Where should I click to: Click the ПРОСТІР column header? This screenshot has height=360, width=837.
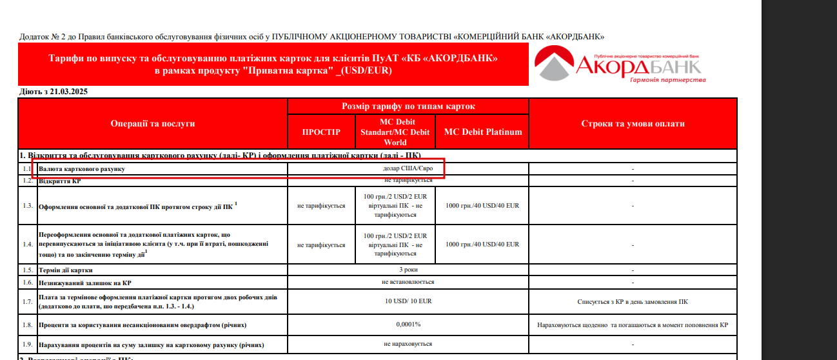point(321,132)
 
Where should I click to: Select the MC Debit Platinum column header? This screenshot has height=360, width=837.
point(482,132)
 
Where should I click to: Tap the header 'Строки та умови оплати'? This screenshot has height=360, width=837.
point(633,123)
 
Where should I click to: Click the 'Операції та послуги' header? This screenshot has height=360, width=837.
point(153,123)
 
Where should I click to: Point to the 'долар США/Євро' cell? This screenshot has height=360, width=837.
point(408,168)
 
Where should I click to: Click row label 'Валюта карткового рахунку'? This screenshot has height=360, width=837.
point(82,169)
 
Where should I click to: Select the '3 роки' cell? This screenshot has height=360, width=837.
point(408,270)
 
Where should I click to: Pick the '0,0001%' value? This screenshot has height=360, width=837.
point(408,325)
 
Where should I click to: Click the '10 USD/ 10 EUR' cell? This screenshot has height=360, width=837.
point(408,301)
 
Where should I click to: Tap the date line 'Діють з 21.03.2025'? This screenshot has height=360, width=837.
point(54,92)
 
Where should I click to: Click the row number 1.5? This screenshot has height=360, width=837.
point(27,270)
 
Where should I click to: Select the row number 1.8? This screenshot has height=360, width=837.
point(27,325)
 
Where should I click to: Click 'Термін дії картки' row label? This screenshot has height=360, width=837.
point(66,270)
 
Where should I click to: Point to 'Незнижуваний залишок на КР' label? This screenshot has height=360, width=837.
point(85,283)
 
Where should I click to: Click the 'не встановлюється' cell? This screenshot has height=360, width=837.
point(408,282)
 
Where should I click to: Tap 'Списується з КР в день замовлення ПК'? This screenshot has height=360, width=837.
point(633,301)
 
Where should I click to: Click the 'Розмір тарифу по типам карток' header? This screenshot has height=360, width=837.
point(408,106)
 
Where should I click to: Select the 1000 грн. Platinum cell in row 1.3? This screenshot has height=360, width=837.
point(482,206)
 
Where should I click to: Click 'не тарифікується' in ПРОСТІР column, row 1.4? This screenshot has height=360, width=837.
point(321,245)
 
